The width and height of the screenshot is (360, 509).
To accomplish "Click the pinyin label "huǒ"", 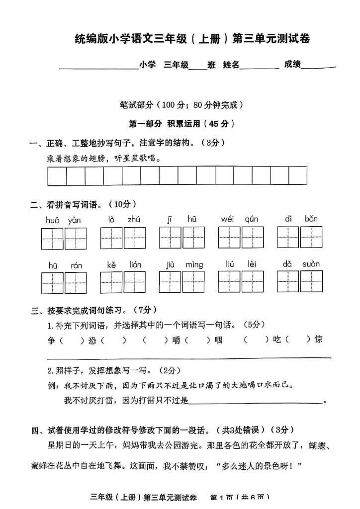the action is click(52, 220).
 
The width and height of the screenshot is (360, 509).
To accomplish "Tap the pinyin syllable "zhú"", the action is click(134, 219).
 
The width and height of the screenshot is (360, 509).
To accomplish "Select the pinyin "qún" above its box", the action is click(252, 219).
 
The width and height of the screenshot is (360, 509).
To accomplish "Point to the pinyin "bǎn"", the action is click(311, 219).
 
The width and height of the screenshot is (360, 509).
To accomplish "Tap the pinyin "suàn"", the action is click(311, 264).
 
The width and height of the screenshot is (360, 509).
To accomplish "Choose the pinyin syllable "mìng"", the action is click(194, 265).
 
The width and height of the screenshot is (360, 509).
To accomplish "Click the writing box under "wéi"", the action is click(229, 238).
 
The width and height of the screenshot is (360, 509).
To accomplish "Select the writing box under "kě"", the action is click(111, 283).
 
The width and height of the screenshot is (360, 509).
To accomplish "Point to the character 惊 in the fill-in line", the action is click(319, 339).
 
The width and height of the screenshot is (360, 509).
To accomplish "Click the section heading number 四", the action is click(35, 430).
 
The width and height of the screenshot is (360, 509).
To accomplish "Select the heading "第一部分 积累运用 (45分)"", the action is click(181, 124).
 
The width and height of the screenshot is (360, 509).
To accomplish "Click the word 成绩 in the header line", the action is click(292, 64).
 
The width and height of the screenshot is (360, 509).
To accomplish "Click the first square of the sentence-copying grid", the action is click(57, 175).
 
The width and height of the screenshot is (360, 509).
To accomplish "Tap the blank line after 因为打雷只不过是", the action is click(256, 401).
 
